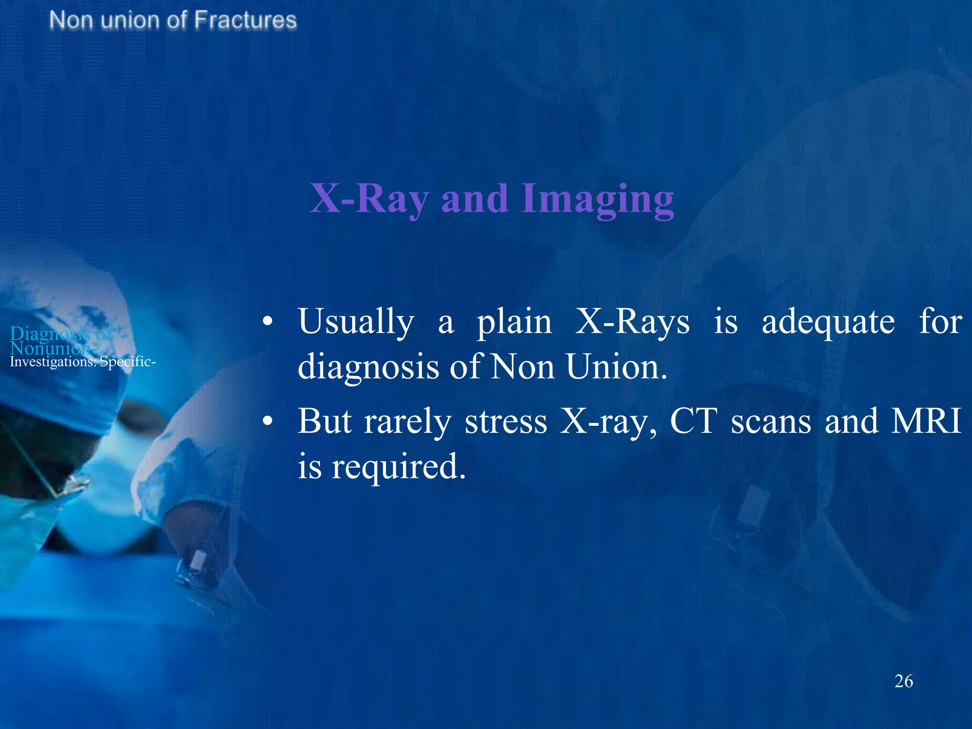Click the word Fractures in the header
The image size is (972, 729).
coord(245,20)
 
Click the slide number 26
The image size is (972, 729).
coord(903,681)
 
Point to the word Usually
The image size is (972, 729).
coord(356,322)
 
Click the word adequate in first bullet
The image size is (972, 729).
coord(828,322)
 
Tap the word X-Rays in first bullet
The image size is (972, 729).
coord(632,322)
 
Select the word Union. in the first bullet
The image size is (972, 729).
coord(617,367)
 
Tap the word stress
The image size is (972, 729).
coord(506,421)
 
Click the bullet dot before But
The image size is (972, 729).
coord(268,421)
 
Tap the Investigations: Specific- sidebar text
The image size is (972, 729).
coord(83,362)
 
